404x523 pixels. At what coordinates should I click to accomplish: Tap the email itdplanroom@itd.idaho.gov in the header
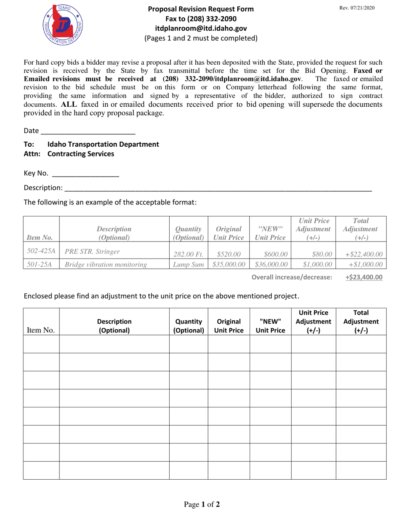tap(201, 28)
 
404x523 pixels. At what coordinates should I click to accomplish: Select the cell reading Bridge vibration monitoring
tap(105, 265)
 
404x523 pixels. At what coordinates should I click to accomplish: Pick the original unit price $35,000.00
tap(229, 265)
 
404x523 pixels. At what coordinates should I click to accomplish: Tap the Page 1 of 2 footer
tap(202, 505)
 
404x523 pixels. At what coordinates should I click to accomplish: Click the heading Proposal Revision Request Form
tap(201, 9)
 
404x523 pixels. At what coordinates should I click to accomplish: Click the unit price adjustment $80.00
tap(322, 254)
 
